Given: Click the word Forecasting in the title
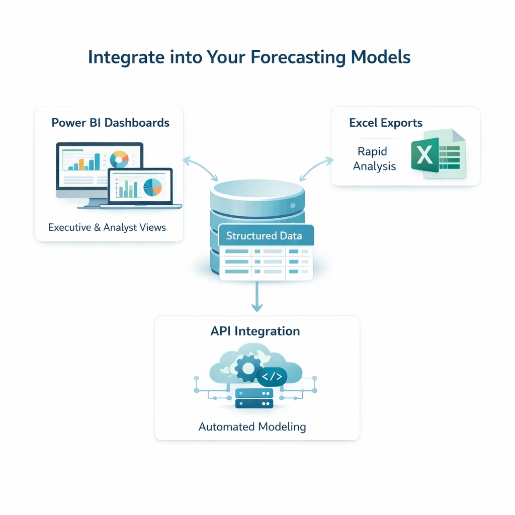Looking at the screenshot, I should click(298, 57).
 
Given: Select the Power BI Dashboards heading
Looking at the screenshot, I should click(110, 123).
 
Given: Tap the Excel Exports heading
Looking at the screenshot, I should click(386, 123).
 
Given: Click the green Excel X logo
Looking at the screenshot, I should click(425, 154).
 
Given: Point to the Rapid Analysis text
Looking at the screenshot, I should click(374, 158).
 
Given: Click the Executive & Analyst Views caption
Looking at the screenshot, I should click(107, 227).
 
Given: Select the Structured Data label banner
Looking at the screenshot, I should click(265, 236).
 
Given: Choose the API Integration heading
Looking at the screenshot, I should click(255, 331).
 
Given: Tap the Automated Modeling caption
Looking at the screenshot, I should click(252, 427).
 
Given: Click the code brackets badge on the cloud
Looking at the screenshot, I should click(272, 376).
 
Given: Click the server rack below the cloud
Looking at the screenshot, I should click(254, 398).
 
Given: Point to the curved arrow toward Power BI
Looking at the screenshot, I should click(200, 167).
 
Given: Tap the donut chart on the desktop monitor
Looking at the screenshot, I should click(119, 159).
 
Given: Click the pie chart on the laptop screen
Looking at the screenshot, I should click(152, 187).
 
